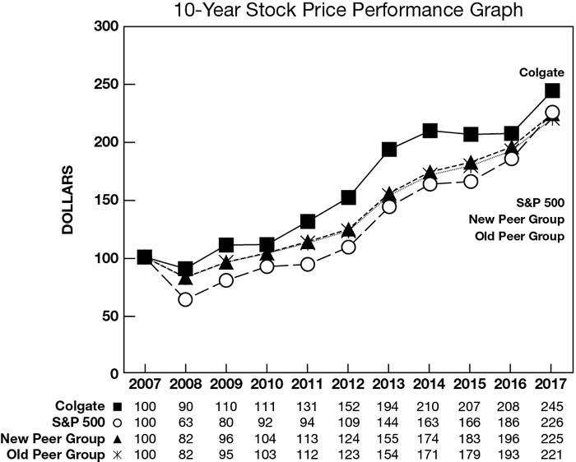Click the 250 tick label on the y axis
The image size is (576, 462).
[105, 85]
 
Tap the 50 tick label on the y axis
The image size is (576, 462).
[109, 316]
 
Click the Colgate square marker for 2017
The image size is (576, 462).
[552, 91]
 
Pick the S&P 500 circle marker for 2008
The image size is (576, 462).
[185, 300]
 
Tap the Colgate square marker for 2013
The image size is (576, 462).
[389, 150]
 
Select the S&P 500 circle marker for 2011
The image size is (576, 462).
[308, 265]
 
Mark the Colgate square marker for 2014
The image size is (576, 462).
[430, 131]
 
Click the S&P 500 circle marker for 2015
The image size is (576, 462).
[471, 182]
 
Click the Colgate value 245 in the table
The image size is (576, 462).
[552, 406]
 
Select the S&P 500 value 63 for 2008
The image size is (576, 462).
[185, 422]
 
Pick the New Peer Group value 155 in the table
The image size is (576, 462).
[388, 437]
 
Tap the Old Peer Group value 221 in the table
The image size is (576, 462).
[552, 453]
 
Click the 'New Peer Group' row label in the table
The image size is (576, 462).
[53, 437]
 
